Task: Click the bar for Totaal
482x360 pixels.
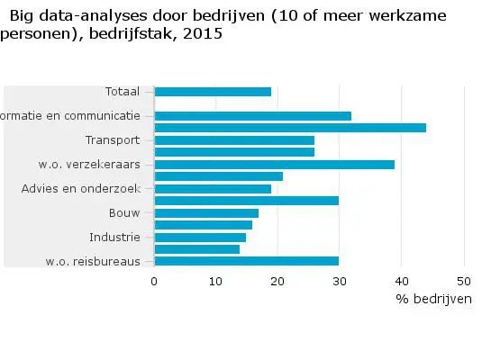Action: (x=213, y=92)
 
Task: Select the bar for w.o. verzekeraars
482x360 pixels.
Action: (x=275, y=165)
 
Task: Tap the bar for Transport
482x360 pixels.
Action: (x=234, y=140)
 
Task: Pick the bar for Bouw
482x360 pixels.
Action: (x=206, y=213)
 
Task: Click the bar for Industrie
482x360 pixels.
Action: (x=200, y=238)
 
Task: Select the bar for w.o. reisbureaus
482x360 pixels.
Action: (x=247, y=261)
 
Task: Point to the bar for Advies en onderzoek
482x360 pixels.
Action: (x=213, y=189)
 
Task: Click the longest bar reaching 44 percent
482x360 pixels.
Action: (x=290, y=128)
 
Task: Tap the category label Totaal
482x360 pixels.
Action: (x=122, y=92)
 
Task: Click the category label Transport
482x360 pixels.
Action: (x=113, y=140)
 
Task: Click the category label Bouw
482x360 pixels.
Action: (x=124, y=213)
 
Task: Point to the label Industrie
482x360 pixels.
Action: (x=114, y=238)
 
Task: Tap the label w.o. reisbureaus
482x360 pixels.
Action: (x=92, y=262)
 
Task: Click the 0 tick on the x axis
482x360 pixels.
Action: (x=155, y=281)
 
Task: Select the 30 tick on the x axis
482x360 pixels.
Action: (x=340, y=281)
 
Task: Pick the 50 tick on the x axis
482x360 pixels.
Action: (x=464, y=281)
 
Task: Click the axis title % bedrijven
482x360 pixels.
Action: (x=432, y=299)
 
